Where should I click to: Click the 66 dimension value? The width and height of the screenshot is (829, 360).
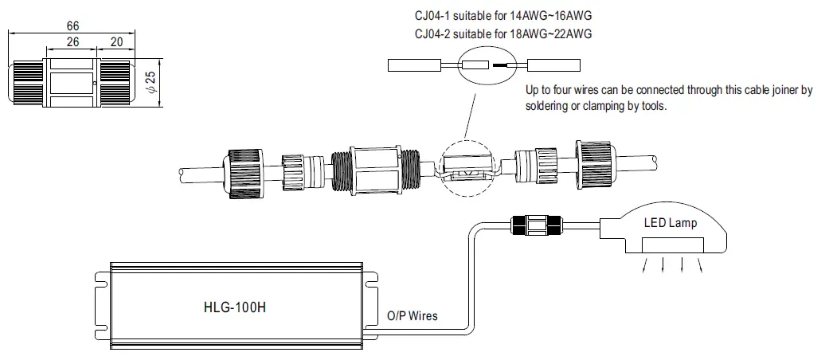72,26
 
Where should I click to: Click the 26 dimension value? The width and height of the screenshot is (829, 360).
72,43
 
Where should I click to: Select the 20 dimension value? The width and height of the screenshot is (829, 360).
116,43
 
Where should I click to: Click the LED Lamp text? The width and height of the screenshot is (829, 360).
670,223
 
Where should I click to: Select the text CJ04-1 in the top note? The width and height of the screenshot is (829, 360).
436,14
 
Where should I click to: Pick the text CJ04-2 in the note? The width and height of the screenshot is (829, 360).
436,33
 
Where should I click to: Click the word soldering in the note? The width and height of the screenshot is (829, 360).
551,106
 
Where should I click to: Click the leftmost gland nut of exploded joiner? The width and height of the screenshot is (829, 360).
243,170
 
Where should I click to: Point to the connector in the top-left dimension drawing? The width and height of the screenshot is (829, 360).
72,82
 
